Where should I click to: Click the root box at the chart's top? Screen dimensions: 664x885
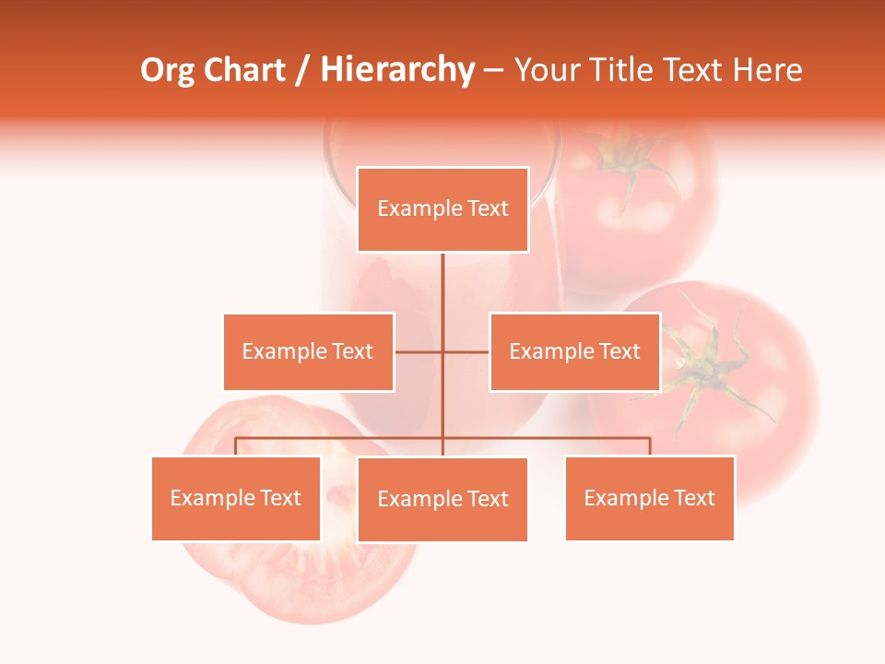tap(442, 209)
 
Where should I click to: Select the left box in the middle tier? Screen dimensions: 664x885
tap(308, 351)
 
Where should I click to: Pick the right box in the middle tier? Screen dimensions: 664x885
tap(574, 351)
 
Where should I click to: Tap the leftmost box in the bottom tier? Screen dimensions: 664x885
tap(235, 498)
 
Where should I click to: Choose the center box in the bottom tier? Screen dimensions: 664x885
tap(442, 499)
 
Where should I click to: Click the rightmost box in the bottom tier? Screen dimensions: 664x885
tap(649, 498)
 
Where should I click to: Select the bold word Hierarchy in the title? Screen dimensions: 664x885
tap(397, 70)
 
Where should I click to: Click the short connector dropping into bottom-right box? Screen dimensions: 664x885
tap(650, 446)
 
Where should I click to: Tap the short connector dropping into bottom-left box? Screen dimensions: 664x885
tap(235, 446)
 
